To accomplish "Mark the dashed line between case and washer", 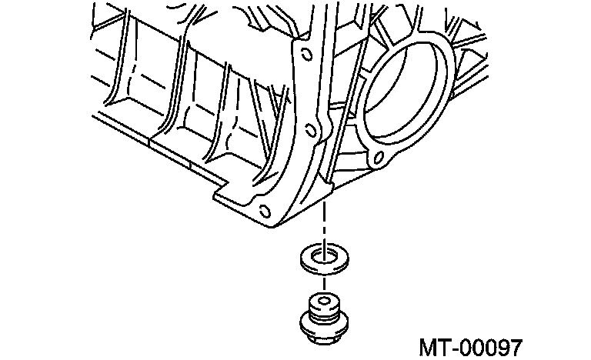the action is click(x=326, y=223).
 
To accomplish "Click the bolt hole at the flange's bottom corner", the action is click(x=265, y=212).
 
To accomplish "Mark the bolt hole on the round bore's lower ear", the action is click(x=377, y=161).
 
